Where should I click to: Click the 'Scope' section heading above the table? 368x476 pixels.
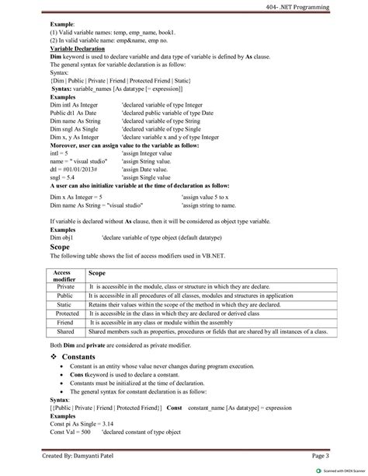[61, 247]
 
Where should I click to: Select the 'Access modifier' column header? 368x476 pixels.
[65, 277]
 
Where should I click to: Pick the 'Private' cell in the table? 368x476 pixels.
[65, 287]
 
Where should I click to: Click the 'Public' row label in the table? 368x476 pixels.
[65, 296]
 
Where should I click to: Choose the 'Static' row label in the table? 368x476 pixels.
[65, 305]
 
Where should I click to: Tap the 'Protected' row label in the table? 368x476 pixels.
[65, 313]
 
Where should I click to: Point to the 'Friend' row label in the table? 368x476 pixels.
[65, 322]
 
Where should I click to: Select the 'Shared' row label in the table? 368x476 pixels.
[65, 331]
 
